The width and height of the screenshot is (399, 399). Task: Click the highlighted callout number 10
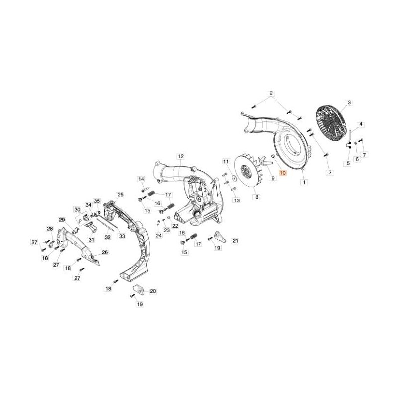coord(283,173)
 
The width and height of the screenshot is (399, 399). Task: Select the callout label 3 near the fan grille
coord(349,103)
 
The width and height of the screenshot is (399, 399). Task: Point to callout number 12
coord(180,156)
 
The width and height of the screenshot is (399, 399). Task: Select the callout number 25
coord(120,194)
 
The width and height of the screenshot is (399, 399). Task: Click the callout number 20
coord(153,291)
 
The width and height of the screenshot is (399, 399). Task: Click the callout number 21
coord(236,241)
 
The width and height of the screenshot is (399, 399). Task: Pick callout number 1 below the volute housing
coord(303,183)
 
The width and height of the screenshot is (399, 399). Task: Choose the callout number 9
coord(272,178)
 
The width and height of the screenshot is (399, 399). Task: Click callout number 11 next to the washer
coord(226,162)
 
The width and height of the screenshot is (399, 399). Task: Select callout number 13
coord(237,200)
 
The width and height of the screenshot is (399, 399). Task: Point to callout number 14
coord(141,180)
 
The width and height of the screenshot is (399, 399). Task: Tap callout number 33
coord(121,237)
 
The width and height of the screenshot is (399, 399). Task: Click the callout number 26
coord(105,252)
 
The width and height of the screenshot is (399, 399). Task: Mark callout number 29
coord(62,220)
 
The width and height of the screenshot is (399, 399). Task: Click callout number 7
coord(365,155)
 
